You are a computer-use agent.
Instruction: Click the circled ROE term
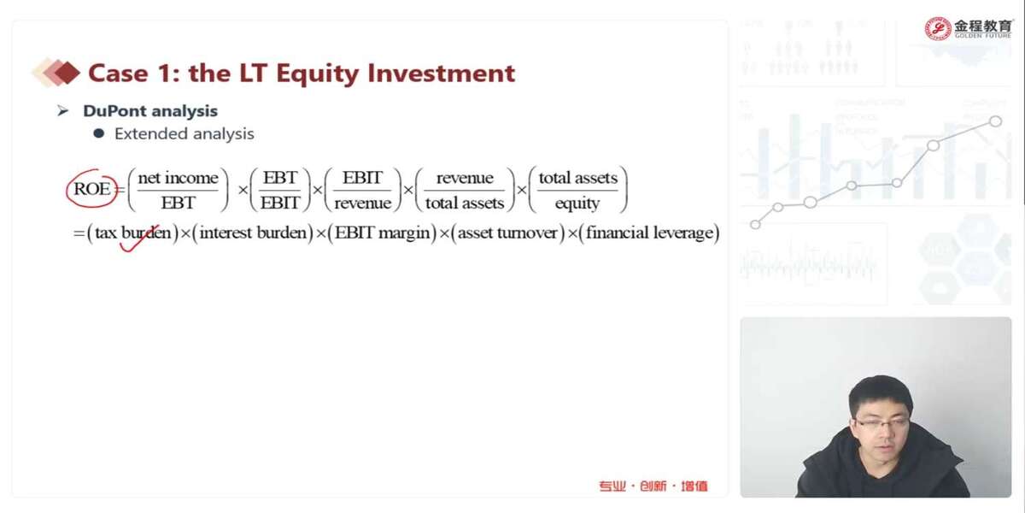[x=92, y=189]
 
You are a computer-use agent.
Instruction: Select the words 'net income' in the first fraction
[x=178, y=178]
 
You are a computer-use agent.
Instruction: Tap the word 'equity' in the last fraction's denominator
[x=577, y=203]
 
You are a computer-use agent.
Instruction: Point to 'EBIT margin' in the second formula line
[x=383, y=233]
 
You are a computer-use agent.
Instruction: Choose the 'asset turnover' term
[x=507, y=233]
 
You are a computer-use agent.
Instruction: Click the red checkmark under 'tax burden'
[x=138, y=240]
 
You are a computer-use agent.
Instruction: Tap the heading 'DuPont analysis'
[x=150, y=111]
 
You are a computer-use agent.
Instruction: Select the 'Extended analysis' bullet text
[x=184, y=133]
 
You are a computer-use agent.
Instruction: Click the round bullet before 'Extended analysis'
[x=98, y=133]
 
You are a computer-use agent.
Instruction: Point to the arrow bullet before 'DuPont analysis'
[x=62, y=111]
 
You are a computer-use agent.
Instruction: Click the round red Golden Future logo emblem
[x=938, y=29]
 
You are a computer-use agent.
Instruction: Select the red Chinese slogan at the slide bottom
[x=653, y=486]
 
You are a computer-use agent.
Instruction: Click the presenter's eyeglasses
[x=881, y=422]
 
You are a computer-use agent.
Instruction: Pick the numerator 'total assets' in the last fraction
[x=578, y=178]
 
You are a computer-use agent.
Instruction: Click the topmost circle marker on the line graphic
[x=995, y=121]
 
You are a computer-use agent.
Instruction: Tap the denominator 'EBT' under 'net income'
[x=178, y=203]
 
